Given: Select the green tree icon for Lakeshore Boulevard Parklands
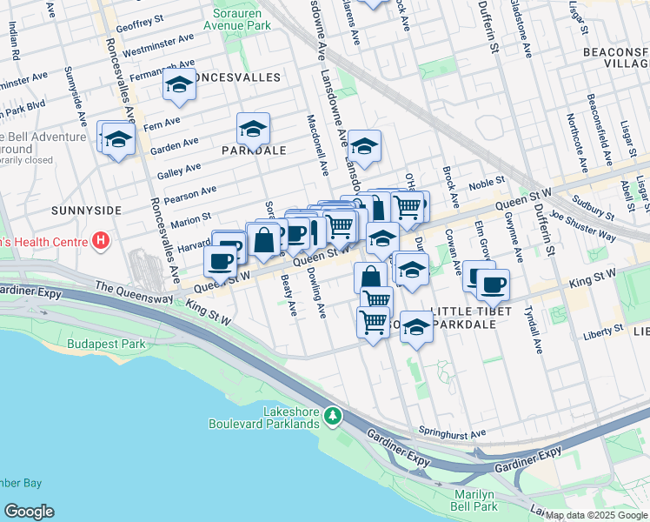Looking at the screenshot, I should (332, 417).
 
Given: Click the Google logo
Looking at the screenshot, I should (29, 512).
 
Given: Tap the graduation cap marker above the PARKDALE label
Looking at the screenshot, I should (253, 130).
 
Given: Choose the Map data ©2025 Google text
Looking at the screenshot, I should (596, 515).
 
